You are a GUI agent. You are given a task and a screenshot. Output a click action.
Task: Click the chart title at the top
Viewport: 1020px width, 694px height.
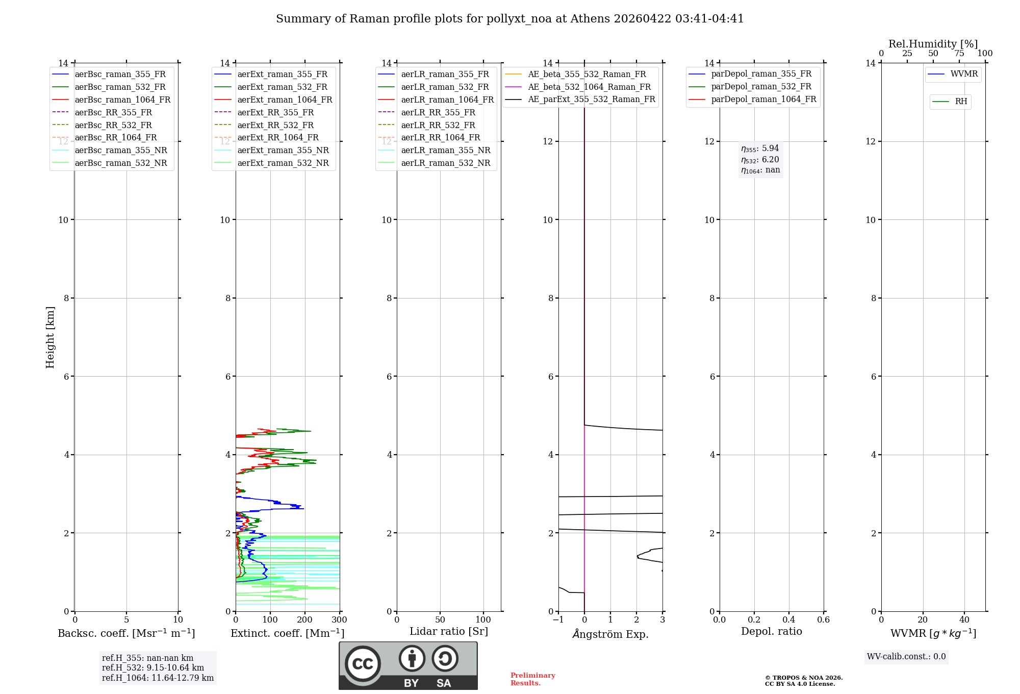pos(509,19)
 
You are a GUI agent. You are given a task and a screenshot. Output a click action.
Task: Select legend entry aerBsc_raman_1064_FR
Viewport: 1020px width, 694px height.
pos(122,100)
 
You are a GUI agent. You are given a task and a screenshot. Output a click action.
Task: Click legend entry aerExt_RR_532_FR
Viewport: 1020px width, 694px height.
pos(275,125)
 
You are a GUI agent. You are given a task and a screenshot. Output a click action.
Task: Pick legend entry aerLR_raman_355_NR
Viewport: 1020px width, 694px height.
pos(446,150)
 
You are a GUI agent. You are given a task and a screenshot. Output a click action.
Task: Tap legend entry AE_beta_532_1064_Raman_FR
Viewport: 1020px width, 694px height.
pos(589,87)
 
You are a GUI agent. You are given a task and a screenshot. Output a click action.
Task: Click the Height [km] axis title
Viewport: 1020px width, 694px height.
pos(50,337)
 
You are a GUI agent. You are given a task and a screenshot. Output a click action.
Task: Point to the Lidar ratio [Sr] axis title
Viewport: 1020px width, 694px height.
pos(449,631)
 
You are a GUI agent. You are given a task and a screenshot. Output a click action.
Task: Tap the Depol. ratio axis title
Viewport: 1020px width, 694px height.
pos(771,631)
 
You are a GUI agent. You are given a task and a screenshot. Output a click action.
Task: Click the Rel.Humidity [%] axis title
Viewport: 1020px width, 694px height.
pos(933,44)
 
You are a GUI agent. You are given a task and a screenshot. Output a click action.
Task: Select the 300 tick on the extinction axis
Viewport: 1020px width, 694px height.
pos(339,620)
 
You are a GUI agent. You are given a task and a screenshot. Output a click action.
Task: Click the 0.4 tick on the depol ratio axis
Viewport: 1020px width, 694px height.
pos(789,620)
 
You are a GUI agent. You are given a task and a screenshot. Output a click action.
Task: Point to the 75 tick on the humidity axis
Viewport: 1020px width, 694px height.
pos(959,54)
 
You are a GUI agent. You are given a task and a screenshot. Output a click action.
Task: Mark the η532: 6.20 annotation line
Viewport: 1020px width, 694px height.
pos(760,159)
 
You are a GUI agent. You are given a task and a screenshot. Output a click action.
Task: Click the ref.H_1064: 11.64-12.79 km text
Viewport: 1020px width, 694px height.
pos(158,678)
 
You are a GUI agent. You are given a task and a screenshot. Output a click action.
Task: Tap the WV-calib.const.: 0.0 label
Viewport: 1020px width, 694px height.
pos(906,657)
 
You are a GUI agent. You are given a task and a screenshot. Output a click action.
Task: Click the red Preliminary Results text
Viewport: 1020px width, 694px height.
pos(532,679)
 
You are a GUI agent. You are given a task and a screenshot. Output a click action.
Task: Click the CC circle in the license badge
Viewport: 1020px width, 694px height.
pos(363,664)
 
